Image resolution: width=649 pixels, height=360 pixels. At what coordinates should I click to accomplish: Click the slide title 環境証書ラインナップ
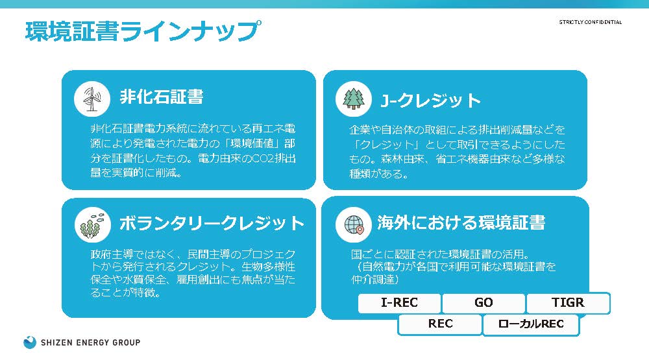(x=143, y=31)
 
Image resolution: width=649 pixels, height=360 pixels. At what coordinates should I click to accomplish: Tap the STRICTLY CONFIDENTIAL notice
(x=590, y=22)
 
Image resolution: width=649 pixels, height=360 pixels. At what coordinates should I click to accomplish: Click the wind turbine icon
(x=92, y=99)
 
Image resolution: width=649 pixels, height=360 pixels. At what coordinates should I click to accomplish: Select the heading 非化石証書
(x=162, y=97)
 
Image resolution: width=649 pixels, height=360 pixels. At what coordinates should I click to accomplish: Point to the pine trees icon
(x=354, y=99)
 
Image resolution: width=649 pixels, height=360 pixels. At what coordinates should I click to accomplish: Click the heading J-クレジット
(x=430, y=100)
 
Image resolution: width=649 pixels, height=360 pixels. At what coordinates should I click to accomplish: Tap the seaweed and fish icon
(x=92, y=224)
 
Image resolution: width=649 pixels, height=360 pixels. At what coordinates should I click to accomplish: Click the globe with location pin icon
(x=354, y=224)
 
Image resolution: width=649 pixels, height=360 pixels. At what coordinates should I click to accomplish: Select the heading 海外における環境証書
(x=461, y=222)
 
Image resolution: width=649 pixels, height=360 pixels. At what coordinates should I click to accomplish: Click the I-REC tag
(x=399, y=303)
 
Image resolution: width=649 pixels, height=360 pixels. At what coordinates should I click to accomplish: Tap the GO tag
(x=484, y=303)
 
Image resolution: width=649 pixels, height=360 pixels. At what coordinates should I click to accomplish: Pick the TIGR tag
(x=568, y=303)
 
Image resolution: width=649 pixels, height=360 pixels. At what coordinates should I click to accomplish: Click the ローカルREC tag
(x=531, y=324)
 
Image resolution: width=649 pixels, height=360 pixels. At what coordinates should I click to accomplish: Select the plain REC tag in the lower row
(x=440, y=324)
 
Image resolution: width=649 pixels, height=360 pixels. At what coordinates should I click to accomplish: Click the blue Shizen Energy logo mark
(x=30, y=342)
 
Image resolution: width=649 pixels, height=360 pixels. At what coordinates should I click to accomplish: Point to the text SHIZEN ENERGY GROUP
(x=91, y=342)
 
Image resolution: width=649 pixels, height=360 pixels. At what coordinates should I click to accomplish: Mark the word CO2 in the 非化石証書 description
(x=260, y=158)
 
